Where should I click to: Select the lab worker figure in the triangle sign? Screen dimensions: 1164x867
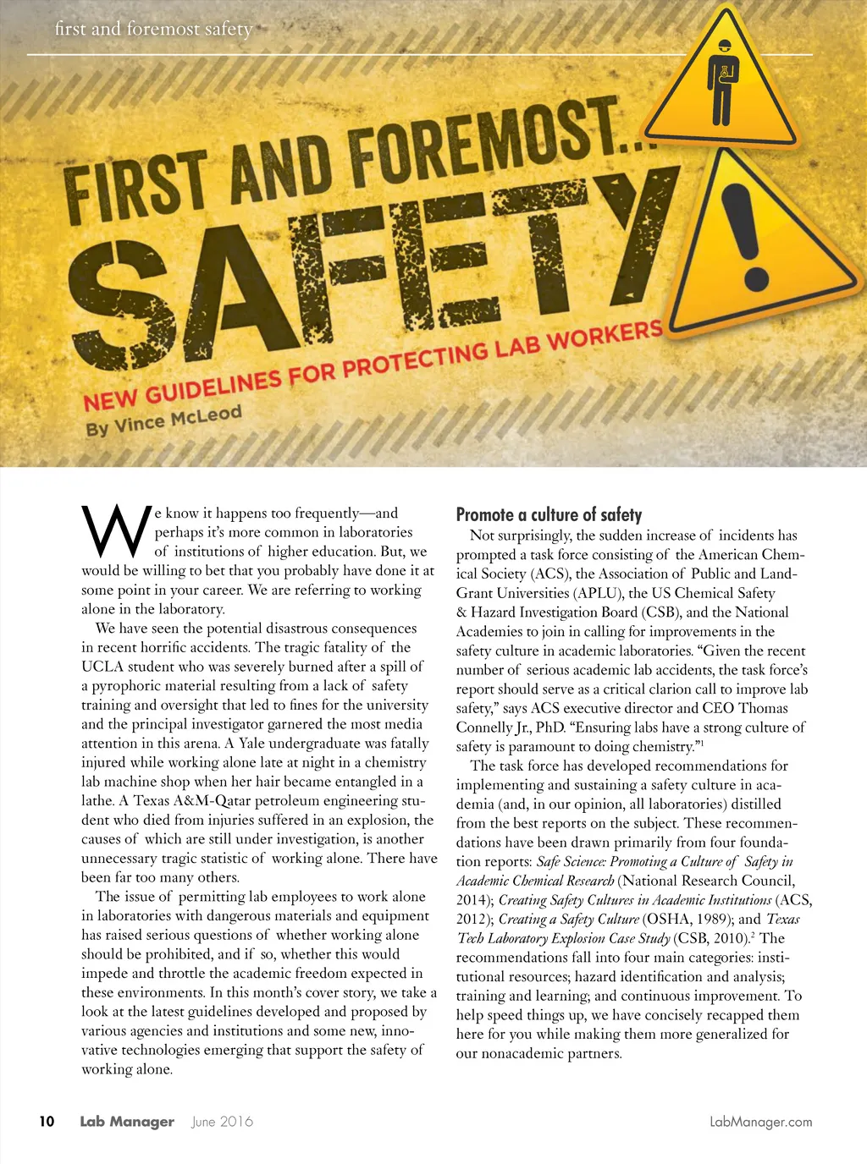pyautogui.click(x=721, y=82)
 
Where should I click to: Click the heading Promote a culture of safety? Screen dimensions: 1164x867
pyautogui.click(x=549, y=514)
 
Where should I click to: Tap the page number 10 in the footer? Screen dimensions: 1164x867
pyautogui.click(x=47, y=1121)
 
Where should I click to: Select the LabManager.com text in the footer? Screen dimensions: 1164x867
pyautogui.click(x=760, y=1122)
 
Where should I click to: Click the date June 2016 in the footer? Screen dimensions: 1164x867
pyautogui.click(x=222, y=1122)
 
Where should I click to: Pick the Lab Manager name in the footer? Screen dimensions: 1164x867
pyautogui.click(x=127, y=1122)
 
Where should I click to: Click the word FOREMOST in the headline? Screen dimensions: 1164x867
pyautogui.click(x=483, y=140)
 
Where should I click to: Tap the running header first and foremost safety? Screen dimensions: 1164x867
pyautogui.click(x=153, y=29)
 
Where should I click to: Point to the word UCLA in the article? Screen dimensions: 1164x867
pyautogui.click(x=102, y=667)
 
